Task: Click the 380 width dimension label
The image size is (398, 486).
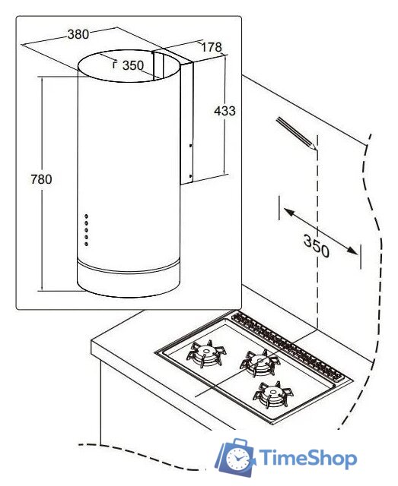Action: pos(78,33)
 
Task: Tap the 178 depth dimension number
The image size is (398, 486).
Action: pos(212,47)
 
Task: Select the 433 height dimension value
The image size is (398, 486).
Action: pos(224,111)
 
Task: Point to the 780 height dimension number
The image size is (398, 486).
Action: pos(41,179)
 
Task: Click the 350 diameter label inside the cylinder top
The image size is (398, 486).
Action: pos(133,65)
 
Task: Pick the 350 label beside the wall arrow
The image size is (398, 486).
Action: pos(316,246)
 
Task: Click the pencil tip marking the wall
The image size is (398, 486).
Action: pos(316,149)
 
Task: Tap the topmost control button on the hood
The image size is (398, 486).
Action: pos(87,216)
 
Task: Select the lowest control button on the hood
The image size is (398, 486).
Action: pos(87,245)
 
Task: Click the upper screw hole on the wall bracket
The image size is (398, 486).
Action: pos(190,145)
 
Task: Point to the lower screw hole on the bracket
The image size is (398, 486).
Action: pos(190,176)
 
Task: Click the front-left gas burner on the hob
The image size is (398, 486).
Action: pos(206,353)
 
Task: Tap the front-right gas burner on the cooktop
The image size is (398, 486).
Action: pos(273,394)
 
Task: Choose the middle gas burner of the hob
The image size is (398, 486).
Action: pos(259,361)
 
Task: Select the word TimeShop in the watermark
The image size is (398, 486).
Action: pos(308,457)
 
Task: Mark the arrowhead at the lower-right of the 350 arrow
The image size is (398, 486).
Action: pos(353,250)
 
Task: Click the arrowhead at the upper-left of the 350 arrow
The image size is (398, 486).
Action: pos(288,213)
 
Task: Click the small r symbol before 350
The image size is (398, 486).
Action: pos(115,65)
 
